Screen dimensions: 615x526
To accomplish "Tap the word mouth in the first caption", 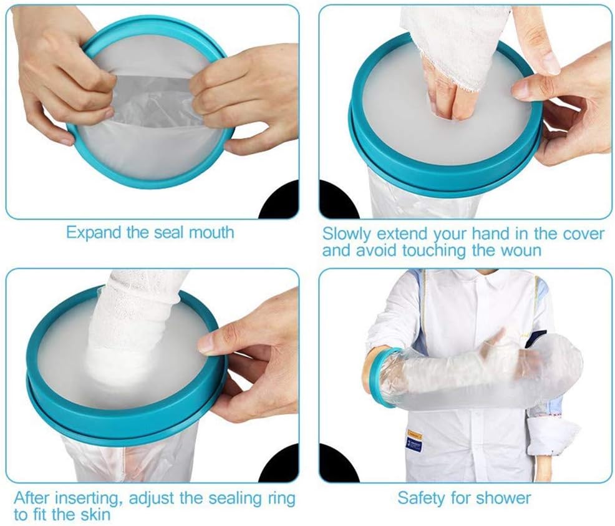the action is pyautogui.click(x=211, y=232).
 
